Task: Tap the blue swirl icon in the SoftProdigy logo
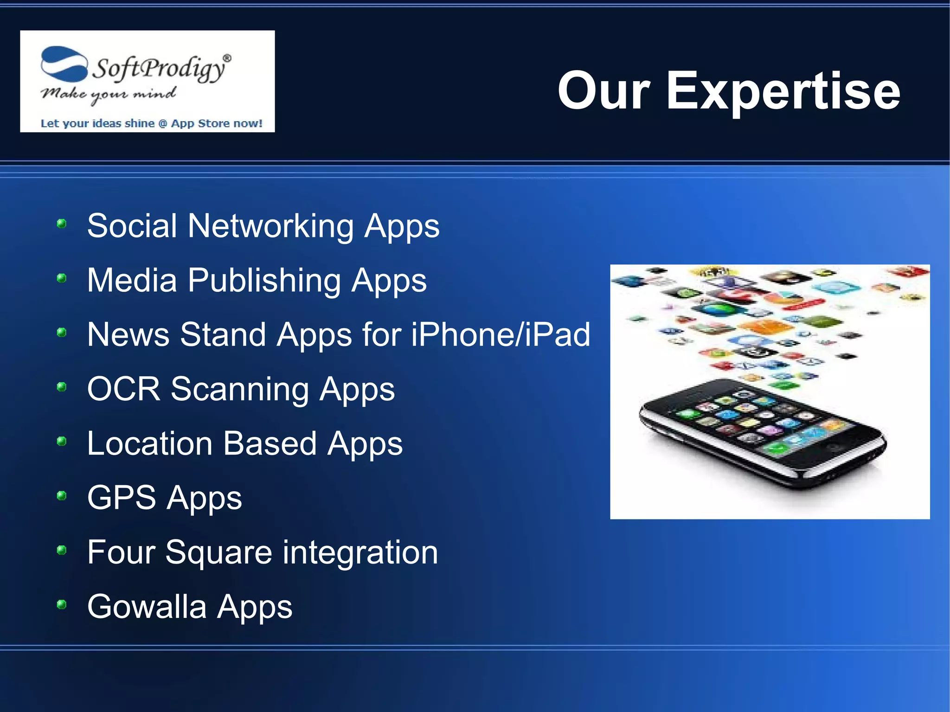[64, 64]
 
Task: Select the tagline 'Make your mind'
[108, 95]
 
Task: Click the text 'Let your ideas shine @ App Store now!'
[151, 123]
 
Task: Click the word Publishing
[264, 281]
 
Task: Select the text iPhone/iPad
[501, 334]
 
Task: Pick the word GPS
[122, 498]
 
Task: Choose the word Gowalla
[147, 607]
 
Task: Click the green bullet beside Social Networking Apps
[61, 224]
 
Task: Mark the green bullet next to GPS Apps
[61, 496]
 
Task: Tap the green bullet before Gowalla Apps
[61, 604]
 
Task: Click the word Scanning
[239, 389]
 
